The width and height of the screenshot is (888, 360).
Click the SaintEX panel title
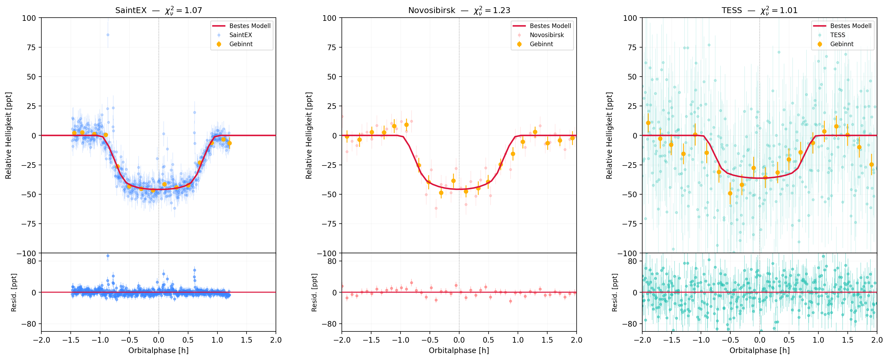(x=158, y=10)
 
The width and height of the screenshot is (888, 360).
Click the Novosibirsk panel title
(x=459, y=10)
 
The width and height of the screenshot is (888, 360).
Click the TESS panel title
(x=759, y=10)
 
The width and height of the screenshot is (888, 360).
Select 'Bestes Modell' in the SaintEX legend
(x=249, y=26)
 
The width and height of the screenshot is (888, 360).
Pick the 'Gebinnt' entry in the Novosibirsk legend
(x=541, y=44)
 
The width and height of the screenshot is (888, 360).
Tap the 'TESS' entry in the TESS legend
(x=837, y=35)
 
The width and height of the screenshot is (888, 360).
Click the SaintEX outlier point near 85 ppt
(x=108, y=35)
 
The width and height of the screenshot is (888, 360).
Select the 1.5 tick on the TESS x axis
(x=847, y=340)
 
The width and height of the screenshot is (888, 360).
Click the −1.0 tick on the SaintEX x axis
(x=100, y=340)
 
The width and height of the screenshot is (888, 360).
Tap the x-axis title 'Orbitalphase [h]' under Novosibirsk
(x=459, y=350)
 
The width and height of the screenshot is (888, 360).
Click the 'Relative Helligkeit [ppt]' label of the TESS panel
(x=609, y=136)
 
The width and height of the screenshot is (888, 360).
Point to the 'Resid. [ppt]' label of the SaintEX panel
(x=14, y=292)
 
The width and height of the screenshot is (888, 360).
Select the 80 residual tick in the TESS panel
(x=632, y=261)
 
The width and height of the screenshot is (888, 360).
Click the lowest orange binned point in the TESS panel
(x=730, y=193)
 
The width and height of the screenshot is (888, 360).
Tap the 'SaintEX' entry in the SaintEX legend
(x=241, y=35)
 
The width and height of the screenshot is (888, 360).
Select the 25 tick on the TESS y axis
(x=632, y=106)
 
